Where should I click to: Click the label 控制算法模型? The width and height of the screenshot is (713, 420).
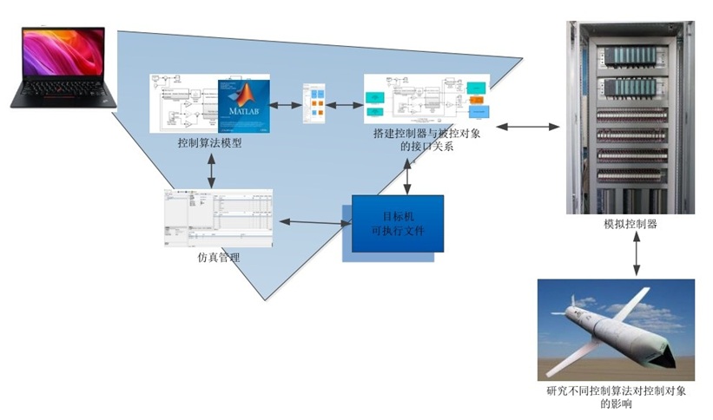click(x=208, y=143)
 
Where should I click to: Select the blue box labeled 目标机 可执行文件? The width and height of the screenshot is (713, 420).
click(x=397, y=223)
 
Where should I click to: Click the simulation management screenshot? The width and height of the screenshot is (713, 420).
click(x=217, y=218)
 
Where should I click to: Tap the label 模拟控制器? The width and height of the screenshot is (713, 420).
click(x=630, y=224)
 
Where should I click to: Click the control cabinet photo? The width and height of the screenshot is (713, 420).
click(x=630, y=117)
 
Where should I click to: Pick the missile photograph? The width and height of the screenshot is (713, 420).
click(x=615, y=329)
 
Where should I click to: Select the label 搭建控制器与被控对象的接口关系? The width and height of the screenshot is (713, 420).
click(x=426, y=141)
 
